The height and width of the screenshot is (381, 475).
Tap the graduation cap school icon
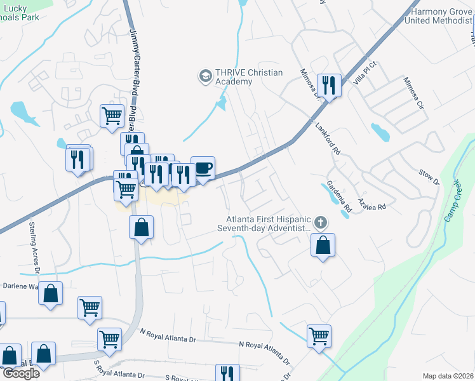pos(205,77)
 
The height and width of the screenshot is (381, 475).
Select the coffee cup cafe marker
pos(203,168)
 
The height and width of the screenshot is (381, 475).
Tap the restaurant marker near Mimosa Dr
pos(329,85)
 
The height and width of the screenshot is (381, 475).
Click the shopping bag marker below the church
pos(323,244)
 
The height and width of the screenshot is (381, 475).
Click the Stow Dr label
pos(429,177)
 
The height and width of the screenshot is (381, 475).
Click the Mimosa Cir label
pos(413,94)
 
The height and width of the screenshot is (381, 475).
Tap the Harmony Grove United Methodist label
pos(442,16)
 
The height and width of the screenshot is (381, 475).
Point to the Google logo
pos(20,373)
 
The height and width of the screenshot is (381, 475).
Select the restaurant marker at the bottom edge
pos(227,373)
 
